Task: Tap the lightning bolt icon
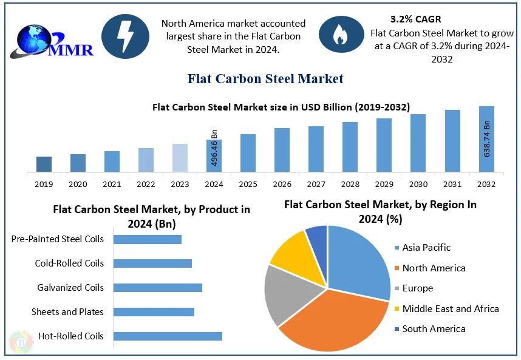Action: tap(124, 36)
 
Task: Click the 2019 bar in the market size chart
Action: tap(44, 164)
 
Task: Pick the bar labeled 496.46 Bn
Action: tap(214, 155)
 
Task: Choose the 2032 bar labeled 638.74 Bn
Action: tap(486, 139)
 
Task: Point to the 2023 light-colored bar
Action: tap(180, 158)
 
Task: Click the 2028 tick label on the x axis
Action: tap(350, 184)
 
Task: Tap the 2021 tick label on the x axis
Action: tap(112, 184)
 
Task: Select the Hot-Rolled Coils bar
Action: tap(168, 336)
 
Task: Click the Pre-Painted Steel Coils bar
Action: tap(148, 239)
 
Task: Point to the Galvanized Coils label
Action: tap(70, 288)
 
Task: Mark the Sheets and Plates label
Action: tap(67, 312)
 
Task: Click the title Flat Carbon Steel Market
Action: tap(265, 78)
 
